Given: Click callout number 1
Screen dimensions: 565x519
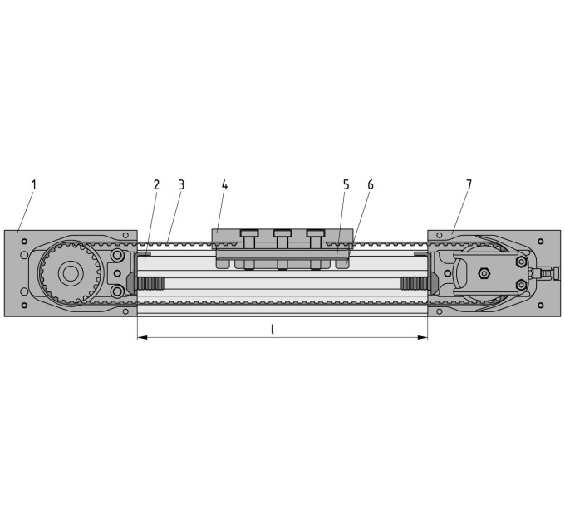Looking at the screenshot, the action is pos(34,185).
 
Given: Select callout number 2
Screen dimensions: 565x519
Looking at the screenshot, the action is pos(156,185).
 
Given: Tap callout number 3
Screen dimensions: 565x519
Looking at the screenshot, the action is pos(181,185).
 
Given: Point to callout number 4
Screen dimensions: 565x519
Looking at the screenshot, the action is pos(224,185).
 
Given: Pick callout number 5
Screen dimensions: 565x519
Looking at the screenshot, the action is pos(346,185).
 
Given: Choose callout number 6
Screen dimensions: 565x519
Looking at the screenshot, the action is pos(371,185).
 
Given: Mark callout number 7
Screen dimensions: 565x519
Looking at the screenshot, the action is pos(469,185).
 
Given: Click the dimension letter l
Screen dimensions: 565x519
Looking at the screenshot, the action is pos(273,329).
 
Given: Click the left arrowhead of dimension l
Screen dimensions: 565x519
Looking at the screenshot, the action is pos(143,337).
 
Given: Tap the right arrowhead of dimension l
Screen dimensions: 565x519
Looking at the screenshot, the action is pos(422,337).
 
